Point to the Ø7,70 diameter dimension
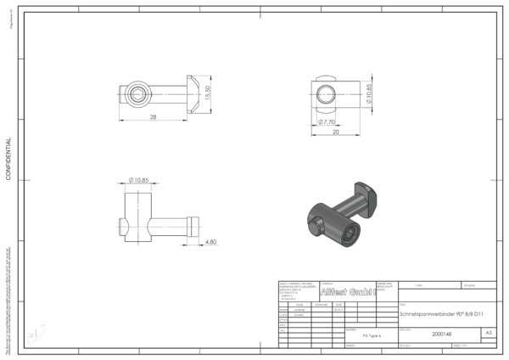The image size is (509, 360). click(x=328, y=122)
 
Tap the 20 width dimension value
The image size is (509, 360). click(x=336, y=132)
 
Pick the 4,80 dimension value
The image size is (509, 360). click(x=211, y=242)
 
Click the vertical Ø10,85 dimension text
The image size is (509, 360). click(x=369, y=93)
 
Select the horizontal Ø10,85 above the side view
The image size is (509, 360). click(x=139, y=180)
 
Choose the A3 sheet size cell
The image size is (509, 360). click(x=488, y=334)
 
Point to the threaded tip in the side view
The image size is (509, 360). click(x=193, y=225)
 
